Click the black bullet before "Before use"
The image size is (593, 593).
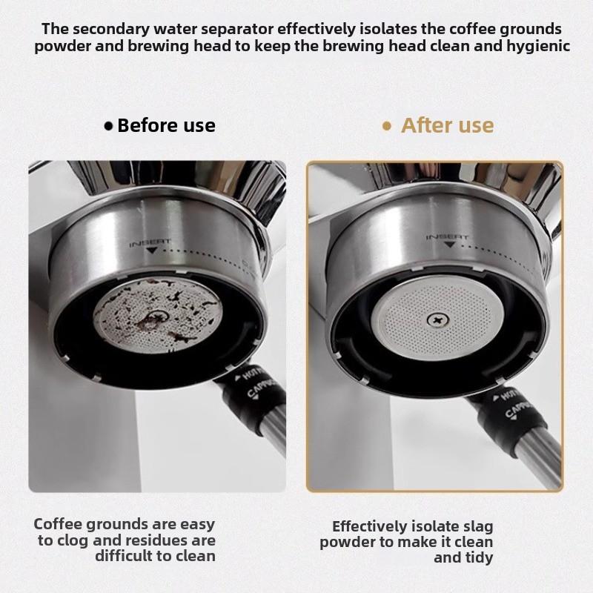click(x=109, y=126)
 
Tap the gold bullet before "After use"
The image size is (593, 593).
click(x=386, y=126)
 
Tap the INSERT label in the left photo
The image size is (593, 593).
click(x=150, y=242)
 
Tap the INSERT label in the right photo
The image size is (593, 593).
click(x=447, y=237)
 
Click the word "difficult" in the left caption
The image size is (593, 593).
click(x=125, y=556)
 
